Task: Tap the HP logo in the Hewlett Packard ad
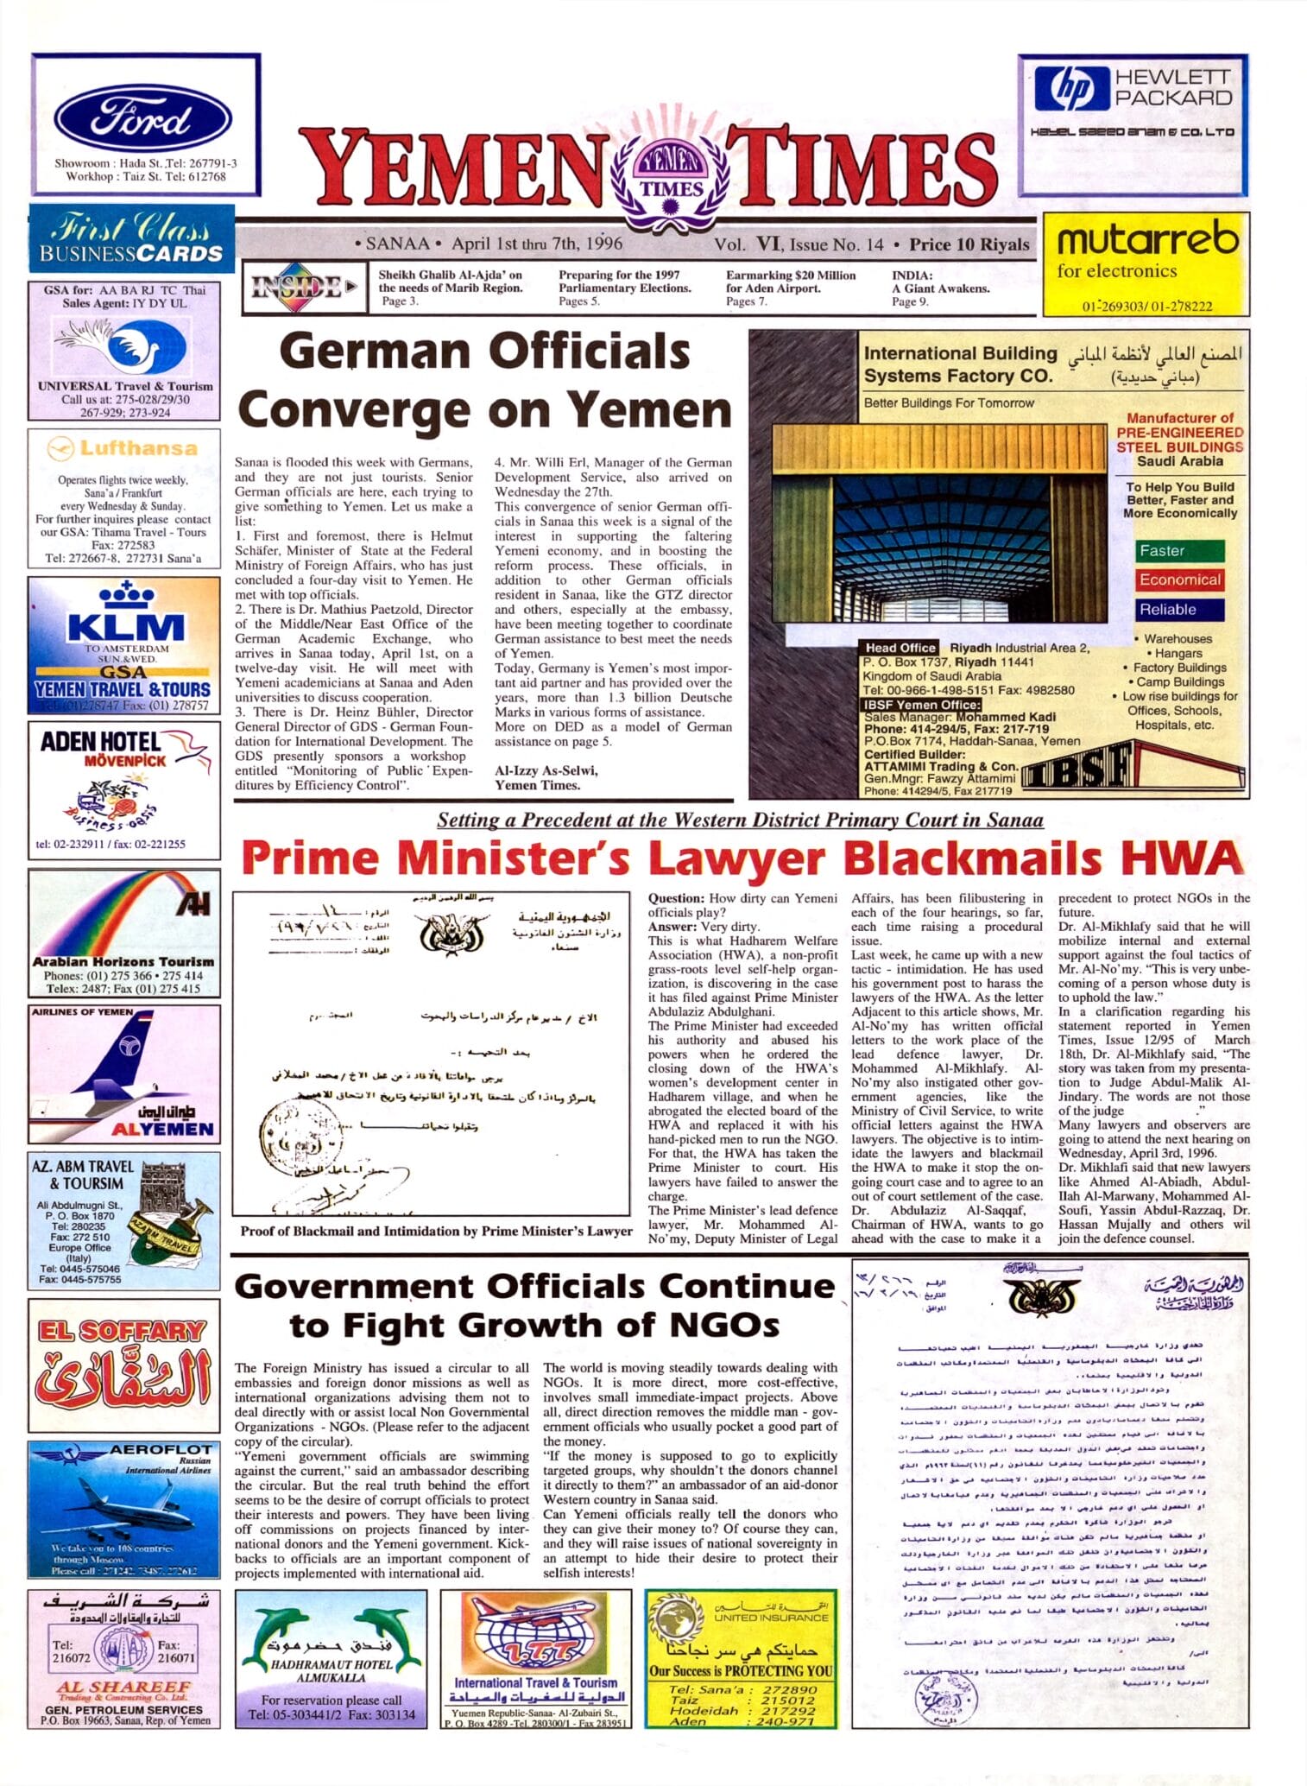click(1071, 89)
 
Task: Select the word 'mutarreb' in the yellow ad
click(1147, 238)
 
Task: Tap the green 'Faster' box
click(1179, 551)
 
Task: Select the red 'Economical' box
click(1179, 580)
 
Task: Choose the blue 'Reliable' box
click(1179, 610)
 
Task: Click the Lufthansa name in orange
click(138, 448)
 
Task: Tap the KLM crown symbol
click(126, 594)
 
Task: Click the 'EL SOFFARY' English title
click(122, 1331)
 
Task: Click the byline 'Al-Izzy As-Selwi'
click(546, 770)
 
